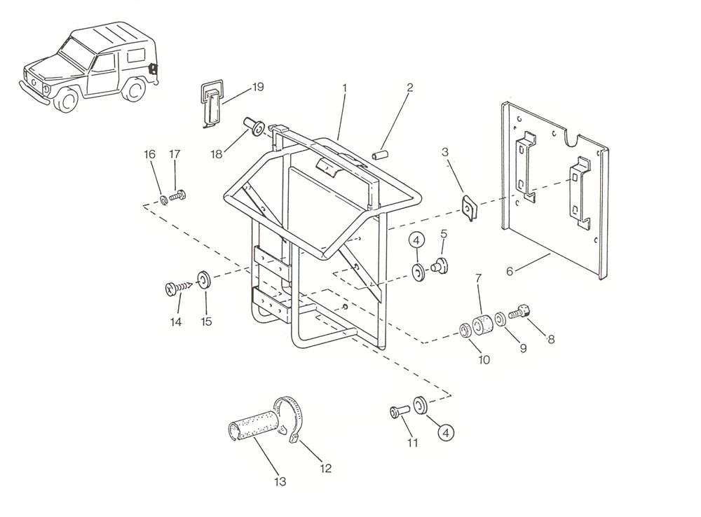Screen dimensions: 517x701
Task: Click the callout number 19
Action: point(258,87)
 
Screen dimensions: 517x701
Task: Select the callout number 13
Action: point(280,481)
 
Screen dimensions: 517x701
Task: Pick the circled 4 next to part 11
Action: point(445,434)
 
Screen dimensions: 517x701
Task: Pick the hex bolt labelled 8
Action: point(522,311)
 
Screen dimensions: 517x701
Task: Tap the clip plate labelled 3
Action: point(468,209)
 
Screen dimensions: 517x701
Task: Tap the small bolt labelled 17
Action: point(178,193)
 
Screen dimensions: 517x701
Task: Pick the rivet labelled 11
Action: point(399,412)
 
